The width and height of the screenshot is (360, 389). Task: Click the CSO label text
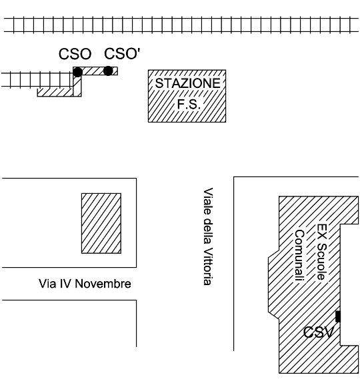click(75, 54)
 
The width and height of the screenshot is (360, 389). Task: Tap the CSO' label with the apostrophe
click(122, 53)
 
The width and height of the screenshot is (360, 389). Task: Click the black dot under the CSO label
click(77, 72)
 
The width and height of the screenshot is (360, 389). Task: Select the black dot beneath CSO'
click(108, 71)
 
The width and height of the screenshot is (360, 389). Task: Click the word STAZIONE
click(188, 83)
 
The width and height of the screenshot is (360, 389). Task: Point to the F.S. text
click(189, 104)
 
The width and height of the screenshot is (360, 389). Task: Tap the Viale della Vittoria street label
click(208, 236)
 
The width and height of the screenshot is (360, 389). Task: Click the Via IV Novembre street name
click(85, 284)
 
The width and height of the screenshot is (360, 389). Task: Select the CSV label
click(319, 332)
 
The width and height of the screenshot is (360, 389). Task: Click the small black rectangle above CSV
click(338, 316)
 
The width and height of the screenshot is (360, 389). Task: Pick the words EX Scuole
click(322, 252)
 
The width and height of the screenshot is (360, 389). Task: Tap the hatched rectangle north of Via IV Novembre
click(101, 223)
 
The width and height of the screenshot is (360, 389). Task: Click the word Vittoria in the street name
click(208, 266)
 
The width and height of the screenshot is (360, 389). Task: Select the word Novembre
click(103, 284)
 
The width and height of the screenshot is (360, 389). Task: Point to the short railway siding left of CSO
click(37, 80)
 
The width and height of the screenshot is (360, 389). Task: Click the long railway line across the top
click(181, 25)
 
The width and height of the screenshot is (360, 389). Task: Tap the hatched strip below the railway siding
click(55, 92)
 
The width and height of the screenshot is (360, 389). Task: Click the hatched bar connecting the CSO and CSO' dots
click(95, 71)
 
